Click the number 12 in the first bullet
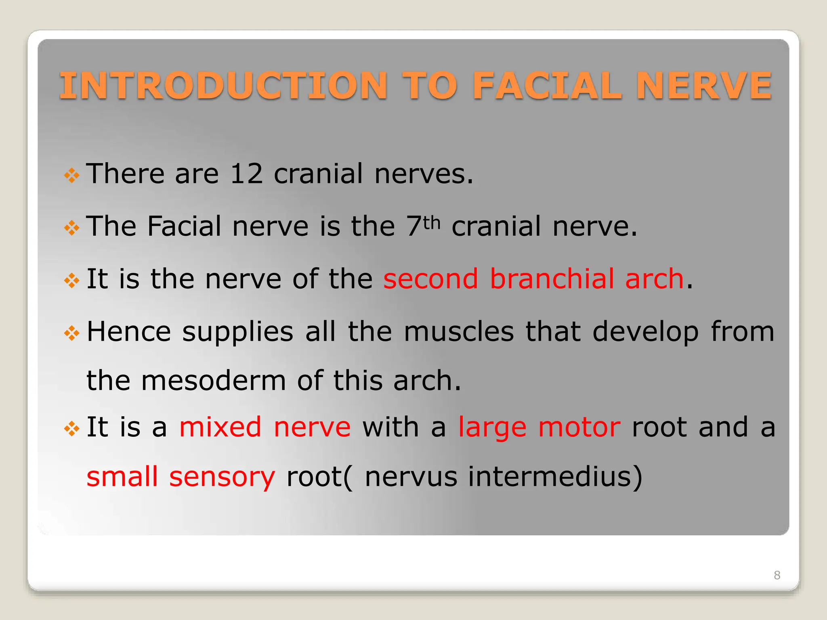click(246, 174)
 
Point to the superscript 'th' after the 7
click(432, 222)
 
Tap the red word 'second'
click(430, 279)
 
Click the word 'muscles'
click(459, 332)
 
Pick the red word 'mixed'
click(220, 427)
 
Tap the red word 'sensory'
click(222, 477)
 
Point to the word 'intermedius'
click(555, 476)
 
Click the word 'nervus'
click(411, 477)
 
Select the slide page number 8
click(777, 575)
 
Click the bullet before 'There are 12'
click(71, 176)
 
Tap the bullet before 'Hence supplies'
click(71, 333)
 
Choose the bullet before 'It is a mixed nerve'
click(71, 429)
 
